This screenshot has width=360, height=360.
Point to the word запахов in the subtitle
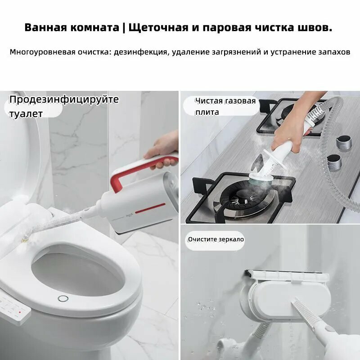click(333, 52)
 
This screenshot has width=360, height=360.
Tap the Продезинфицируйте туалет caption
click(63, 106)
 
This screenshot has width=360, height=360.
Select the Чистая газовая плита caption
click(225, 106)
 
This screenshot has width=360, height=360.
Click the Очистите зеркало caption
click(216, 239)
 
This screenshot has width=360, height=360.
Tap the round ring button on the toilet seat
click(63, 299)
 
